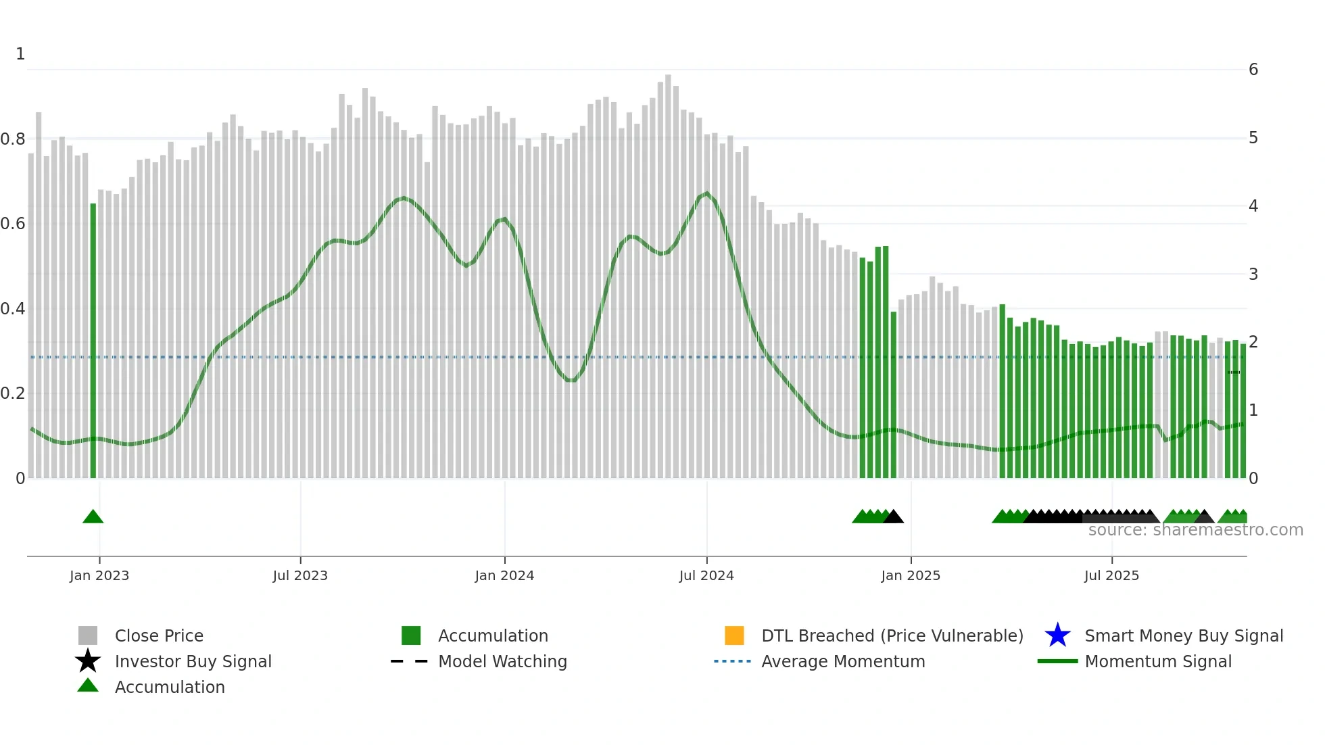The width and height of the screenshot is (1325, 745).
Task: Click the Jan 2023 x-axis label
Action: pyautogui.click(x=99, y=575)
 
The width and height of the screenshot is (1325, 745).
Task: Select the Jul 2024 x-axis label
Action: pyautogui.click(x=706, y=575)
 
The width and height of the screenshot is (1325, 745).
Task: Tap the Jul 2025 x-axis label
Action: pyautogui.click(x=1111, y=575)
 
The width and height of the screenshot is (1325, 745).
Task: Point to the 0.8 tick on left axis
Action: pyautogui.click(x=13, y=139)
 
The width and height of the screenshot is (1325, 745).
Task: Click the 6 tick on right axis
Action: pyautogui.click(x=1253, y=70)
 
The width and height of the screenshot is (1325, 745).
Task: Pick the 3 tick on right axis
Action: pyautogui.click(x=1253, y=274)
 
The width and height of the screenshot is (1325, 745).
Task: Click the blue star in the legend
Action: pyautogui.click(x=1057, y=635)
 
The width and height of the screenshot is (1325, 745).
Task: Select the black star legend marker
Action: pyautogui.click(x=88, y=661)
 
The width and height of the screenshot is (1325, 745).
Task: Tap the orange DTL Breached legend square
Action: pyautogui.click(x=734, y=635)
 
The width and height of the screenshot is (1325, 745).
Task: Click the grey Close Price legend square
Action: pyautogui.click(x=88, y=635)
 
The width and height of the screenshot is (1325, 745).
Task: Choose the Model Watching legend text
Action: pyautogui.click(x=502, y=661)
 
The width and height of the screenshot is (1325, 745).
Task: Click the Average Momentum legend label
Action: pyautogui.click(x=843, y=661)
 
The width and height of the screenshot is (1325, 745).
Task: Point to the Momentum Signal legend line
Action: pyautogui.click(x=1057, y=661)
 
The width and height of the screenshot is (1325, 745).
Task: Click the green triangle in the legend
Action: pyautogui.click(x=88, y=686)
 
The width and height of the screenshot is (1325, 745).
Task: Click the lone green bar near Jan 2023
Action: pyautogui.click(x=93, y=338)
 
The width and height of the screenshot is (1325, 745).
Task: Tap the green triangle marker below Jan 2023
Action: pyautogui.click(x=93, y=517)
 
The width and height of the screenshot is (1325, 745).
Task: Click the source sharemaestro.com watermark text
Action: pyautogui.click(x=1195, y=530)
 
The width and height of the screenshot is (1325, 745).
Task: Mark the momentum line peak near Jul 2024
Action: pyautogui.click(x=707, y=193)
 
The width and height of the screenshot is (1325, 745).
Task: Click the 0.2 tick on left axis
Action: pyautogui.click(x=13, y=393)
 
